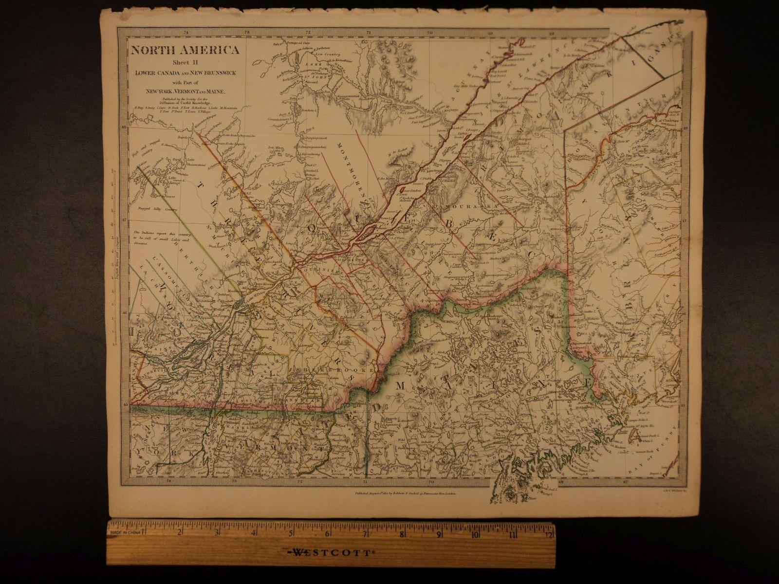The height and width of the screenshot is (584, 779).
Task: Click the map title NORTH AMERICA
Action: click(184, 50)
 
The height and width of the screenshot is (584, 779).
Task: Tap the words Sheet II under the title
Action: click(184, 62)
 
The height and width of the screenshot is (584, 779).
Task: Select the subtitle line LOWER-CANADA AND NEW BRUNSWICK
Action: click(184, 73)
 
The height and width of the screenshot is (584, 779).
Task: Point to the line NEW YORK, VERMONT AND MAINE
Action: click(184, 91)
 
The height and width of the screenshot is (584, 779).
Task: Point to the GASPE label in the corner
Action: click(669, 49)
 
